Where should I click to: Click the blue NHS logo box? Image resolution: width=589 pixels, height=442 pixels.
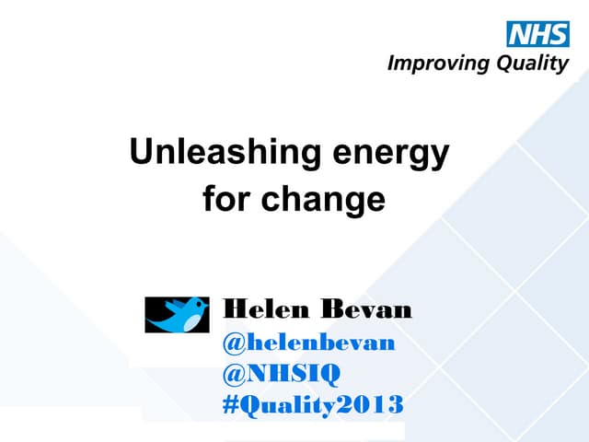(537, 35)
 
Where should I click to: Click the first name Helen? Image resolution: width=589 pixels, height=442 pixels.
(266, 310)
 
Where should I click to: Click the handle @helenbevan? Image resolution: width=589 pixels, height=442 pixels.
(309, 343)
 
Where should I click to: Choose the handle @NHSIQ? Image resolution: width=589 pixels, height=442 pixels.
(282, 373)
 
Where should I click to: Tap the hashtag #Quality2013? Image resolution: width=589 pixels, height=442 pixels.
(313, 404)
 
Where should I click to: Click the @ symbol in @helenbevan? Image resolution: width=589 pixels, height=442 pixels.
(233, 343)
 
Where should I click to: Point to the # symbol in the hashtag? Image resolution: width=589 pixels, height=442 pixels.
(231, 404)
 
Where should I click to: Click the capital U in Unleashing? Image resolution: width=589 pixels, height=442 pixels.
(141, 152)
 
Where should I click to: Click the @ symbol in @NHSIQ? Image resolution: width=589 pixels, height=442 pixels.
(233, 373)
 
